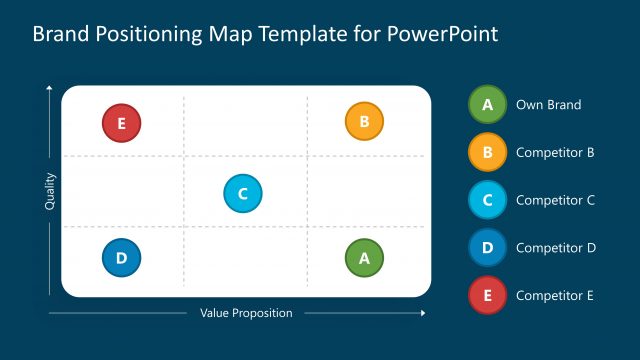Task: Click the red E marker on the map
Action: point(121,124)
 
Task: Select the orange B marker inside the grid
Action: point(364,122)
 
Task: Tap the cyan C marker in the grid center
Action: point(242,193)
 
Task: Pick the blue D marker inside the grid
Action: point(121,258)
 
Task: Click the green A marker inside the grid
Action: point(364,258)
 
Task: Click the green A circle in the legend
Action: point(487,104)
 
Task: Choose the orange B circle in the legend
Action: point(487,152)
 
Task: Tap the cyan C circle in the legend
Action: point(487,199)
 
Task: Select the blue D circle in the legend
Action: point(487,247)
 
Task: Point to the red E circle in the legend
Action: point(487,295)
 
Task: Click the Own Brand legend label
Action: point(548,104)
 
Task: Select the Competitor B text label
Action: point(555,152)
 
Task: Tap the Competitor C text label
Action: point(555,200)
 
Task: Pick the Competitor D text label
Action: point(555,247)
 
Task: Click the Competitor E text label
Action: point(555,295)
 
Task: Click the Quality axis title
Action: point(50,192)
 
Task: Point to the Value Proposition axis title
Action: point(246,313)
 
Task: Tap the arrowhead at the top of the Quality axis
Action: point(50,90)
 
